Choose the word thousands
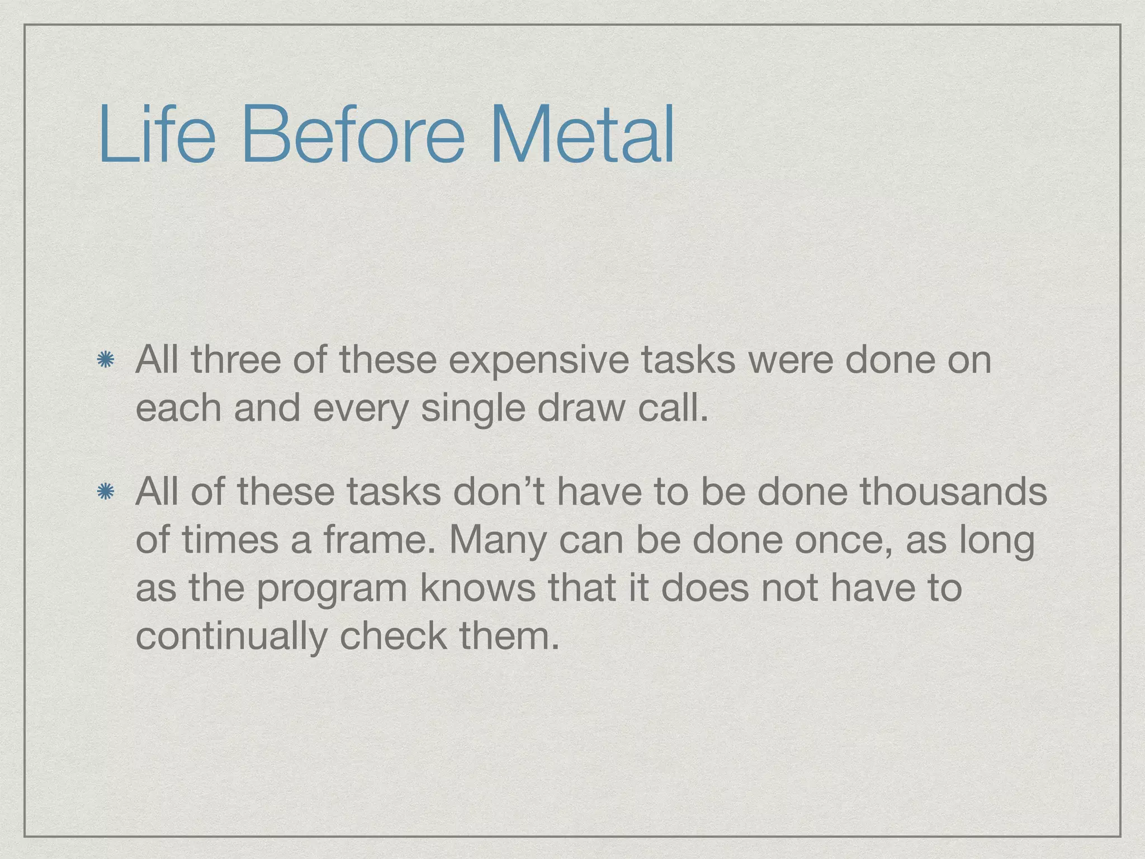point(953,492)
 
